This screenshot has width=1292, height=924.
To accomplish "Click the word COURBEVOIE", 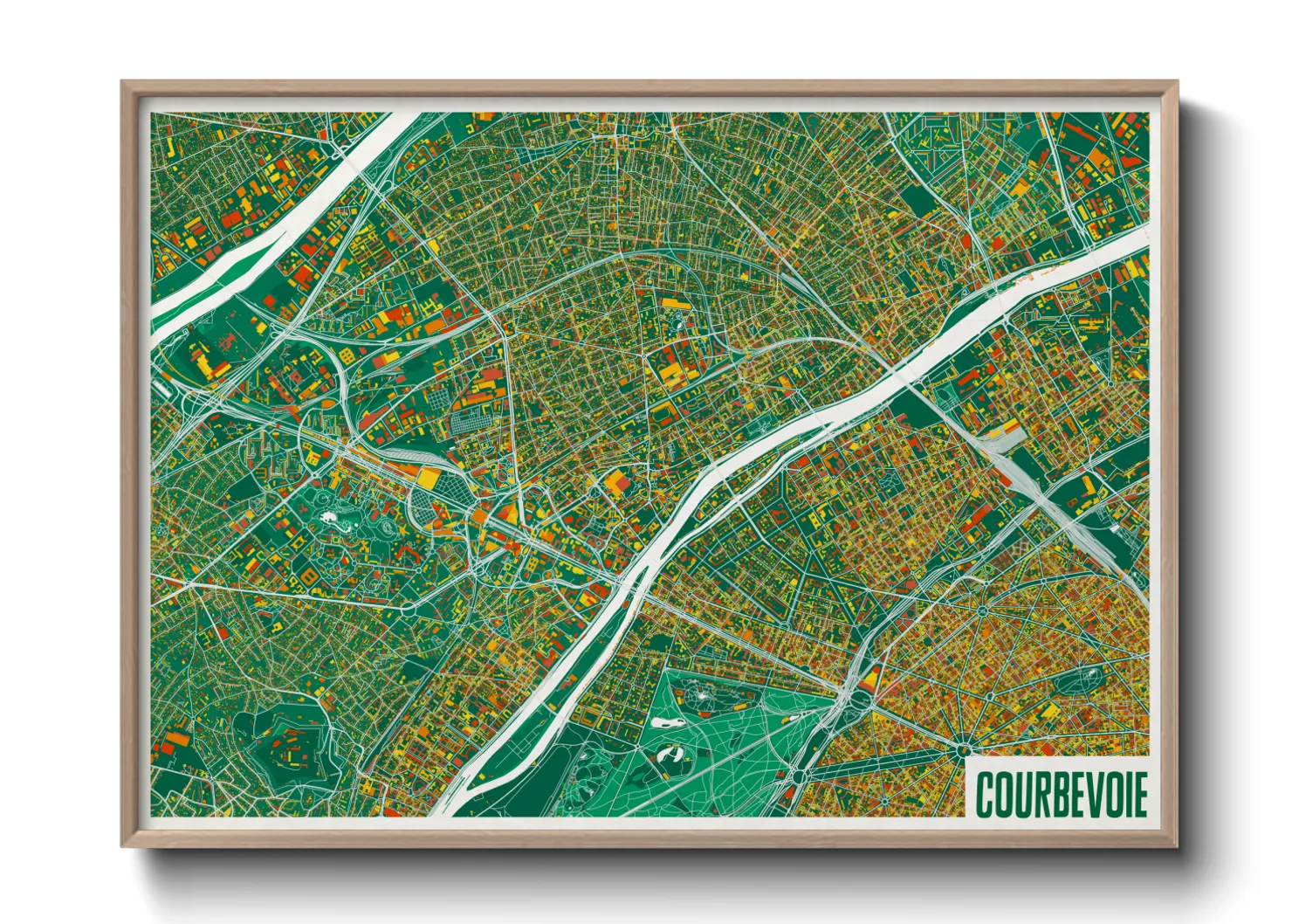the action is [x=1060, y=793].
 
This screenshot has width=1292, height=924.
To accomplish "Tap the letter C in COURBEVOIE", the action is [x=984, y=793].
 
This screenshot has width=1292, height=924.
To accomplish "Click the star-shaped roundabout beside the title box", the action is [x=962, y=749].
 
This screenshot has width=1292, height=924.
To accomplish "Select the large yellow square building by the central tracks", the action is [x=428, y=477].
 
